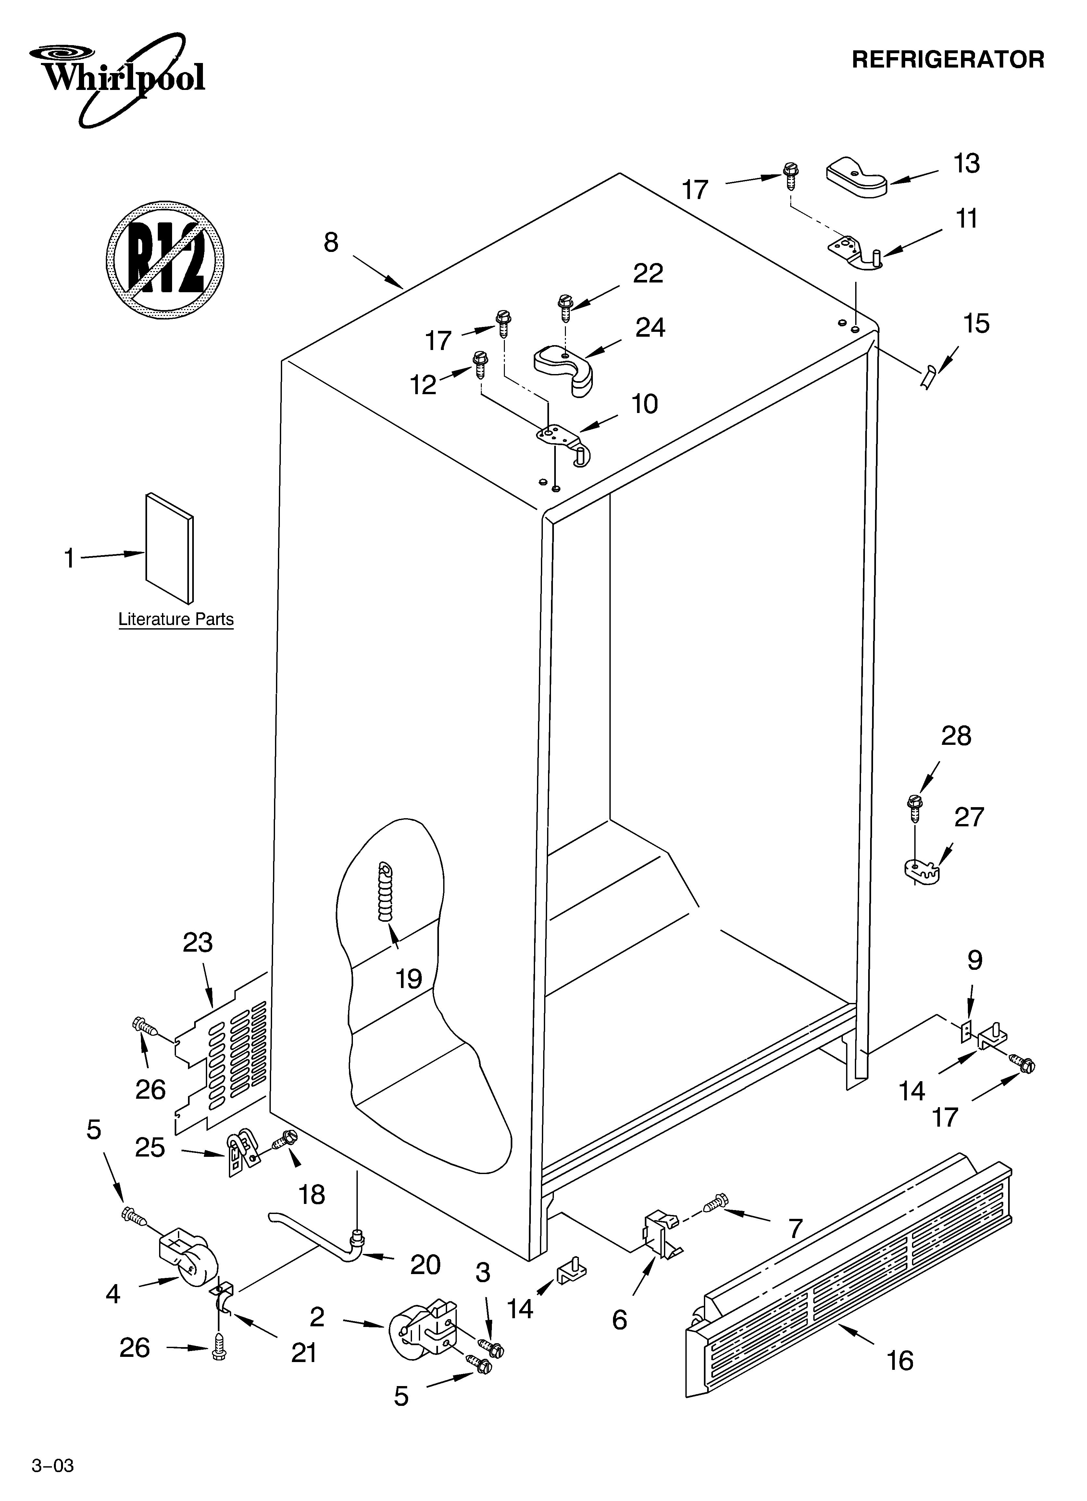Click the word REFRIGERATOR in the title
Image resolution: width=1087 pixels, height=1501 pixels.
pyautogui.click(x=947, y=59)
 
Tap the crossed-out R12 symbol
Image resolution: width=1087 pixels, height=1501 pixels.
pyautogui.click(x=165, y=258)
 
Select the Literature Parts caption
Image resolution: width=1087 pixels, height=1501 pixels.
pyautogui.click(x=176, y=619)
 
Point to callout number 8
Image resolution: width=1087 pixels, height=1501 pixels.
pyautogui.click(x=331, y=243)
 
